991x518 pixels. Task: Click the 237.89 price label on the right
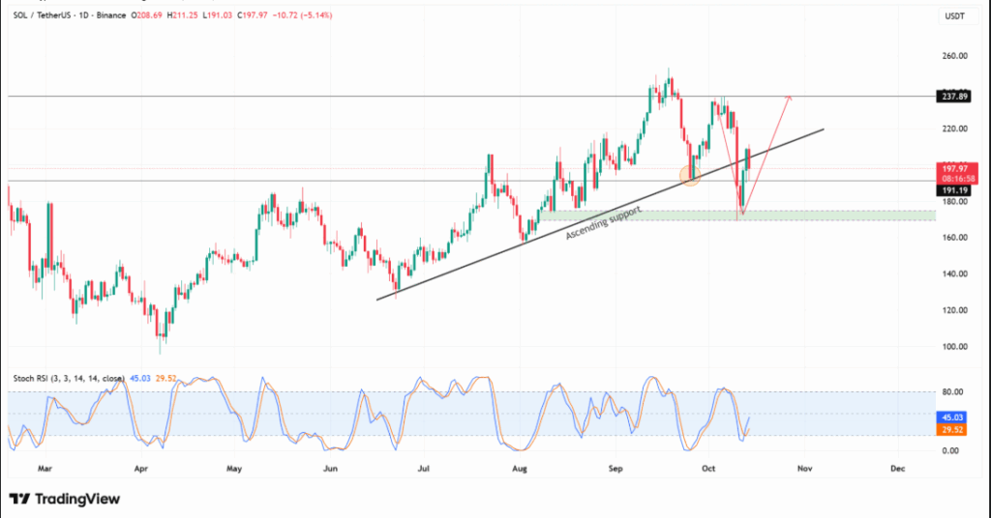click(x=955, y=97)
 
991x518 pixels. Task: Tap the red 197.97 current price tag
click(x=955, y=168)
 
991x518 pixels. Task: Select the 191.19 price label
click(x=955, y=190)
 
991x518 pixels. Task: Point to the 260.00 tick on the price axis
click(x=955, y=56)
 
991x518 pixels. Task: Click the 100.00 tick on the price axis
click(x=955, y=346)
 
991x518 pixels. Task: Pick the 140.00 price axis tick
click(x=955, y=273)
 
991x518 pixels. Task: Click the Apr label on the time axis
click(x=141, y=469)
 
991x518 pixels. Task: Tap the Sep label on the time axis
click(x=616, y=469)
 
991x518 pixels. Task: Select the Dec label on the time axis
click(x=897, y=469)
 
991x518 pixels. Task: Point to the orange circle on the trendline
click(x=690, y=175)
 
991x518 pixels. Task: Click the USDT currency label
click(x=955, y=14)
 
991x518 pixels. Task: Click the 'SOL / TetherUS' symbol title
click(x=49, y=14)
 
